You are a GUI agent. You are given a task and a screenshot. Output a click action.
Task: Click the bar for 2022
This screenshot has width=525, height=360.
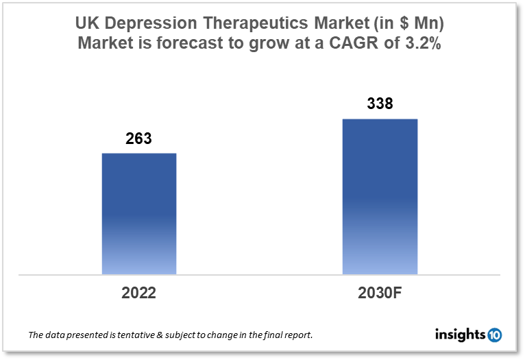point(139,213)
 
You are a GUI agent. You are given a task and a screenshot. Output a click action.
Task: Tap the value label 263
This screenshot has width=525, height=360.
point(138,139)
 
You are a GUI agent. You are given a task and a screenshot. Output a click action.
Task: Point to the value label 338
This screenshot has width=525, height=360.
point(380,105)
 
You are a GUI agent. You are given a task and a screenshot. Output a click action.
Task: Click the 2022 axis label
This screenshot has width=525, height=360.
point(139,293)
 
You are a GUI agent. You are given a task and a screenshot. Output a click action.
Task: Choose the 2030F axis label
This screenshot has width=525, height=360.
point(380,293)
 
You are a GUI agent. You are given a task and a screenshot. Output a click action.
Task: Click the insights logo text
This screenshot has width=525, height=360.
point(461,335)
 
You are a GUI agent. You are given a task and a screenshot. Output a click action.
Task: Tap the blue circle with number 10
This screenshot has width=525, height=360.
point(495,335)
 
